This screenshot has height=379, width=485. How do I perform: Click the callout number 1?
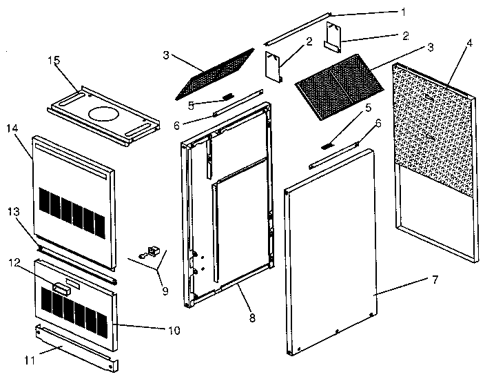click(x=402, y=11)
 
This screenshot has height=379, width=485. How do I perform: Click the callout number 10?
click(x=174, y=331)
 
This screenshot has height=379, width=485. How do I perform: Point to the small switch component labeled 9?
click(x=151, y=252)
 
